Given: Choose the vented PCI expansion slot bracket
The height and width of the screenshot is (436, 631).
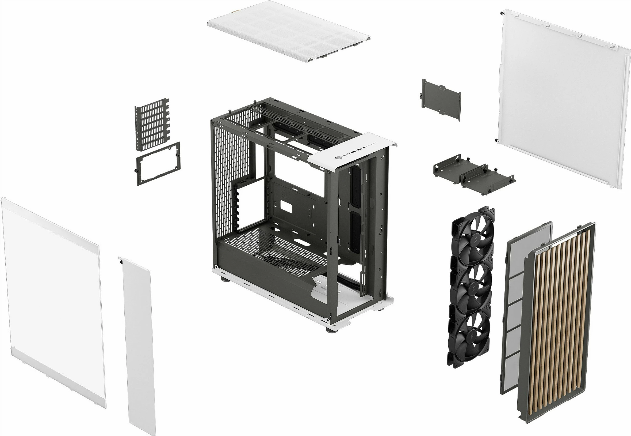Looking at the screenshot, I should [x=152, y=124].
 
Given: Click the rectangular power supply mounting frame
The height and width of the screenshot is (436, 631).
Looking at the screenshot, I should [x=158, y=163].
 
